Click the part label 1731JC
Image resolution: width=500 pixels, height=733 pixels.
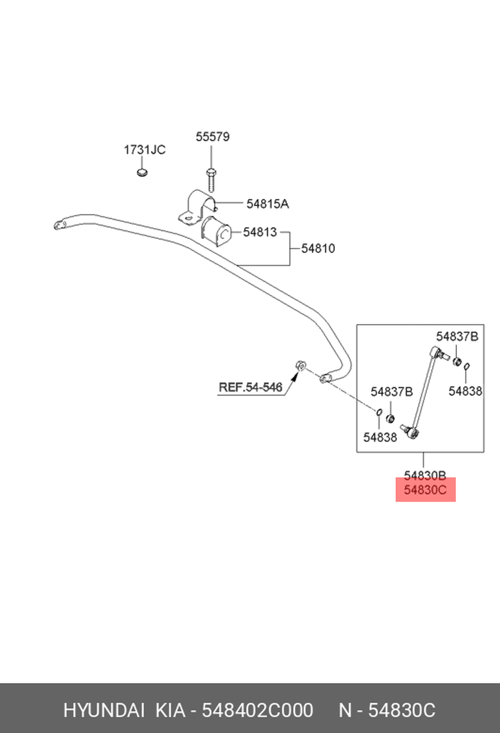pyautogui.click(x=144, y=150)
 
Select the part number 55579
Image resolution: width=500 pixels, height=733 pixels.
pyautogui.click(x=212, y=137)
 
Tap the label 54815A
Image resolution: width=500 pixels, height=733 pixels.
pyautogui.click(x=267, y=204)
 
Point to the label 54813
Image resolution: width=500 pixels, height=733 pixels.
pyautogui.click(x=260, y=232)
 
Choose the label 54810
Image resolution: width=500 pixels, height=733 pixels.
pyautogui.click(x=318, y=248)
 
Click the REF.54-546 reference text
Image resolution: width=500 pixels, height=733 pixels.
pyautogui.click(x=250, y=387)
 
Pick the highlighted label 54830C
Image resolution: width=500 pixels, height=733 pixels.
pyautogui.click(x=425, y=490)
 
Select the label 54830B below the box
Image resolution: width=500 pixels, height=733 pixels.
pyautogui.click(x=425, y=475)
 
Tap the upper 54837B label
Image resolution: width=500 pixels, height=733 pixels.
pyautogui.click(x=457, y=336)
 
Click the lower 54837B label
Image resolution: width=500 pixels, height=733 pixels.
pyautogui.click(x=391, y=392)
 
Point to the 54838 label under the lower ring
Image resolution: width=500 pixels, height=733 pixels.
pyautogui.click(x=380, y=437)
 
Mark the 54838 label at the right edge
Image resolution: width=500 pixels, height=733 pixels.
pyautogui.click(x=465, y=391)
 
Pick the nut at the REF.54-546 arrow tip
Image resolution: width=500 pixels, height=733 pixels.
pyautogui.click(x=300, y=365)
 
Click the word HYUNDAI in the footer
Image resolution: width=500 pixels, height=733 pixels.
pyautogui.click(x=104, y=710)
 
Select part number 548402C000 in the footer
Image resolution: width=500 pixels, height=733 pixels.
pyautogui.click(x=257, y=710)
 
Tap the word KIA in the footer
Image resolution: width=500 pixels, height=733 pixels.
pyautogui.click(x=170, y=710)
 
